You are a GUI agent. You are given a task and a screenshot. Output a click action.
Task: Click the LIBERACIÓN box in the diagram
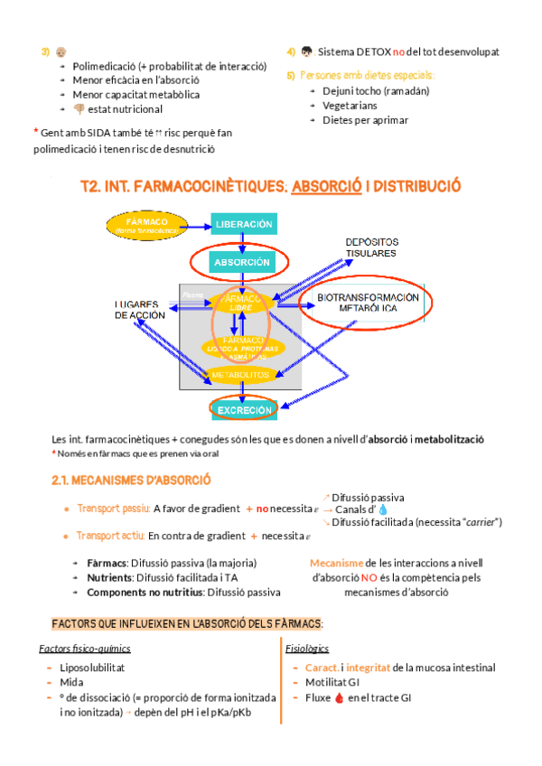click(x=243, y=223)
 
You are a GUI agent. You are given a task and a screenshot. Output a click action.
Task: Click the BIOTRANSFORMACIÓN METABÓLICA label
click(x=368, y=303)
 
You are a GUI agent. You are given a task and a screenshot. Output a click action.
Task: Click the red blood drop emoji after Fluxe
click(x=340, y=697)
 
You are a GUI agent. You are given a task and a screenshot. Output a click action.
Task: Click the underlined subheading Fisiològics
click(x=307, y=649)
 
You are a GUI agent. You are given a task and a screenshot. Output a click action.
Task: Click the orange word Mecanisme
click(x=337, y=562)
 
